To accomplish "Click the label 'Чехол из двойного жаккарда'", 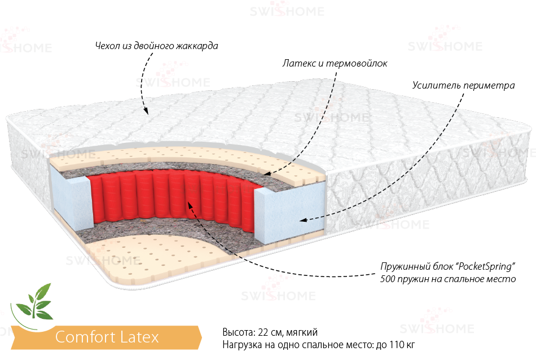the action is (156, 46).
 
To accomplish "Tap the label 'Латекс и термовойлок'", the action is (335, 63).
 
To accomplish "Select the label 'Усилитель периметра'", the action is (464, 85).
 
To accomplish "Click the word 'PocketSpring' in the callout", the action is (485, 266).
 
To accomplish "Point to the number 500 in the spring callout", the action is (388, 279).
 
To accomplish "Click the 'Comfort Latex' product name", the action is (107, 337).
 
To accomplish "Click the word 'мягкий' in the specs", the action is (302, 332).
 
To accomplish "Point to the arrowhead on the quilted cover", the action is (146, 111).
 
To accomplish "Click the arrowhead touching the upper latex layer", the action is (269, 172).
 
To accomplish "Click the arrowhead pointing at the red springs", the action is (190, 205).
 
